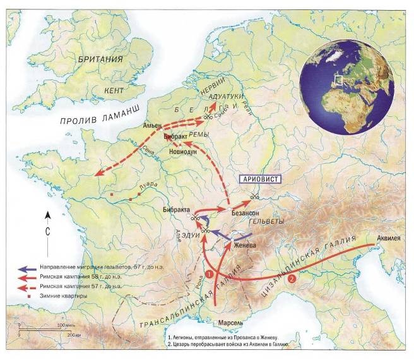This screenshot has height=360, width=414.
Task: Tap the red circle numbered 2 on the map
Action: click(292, 278)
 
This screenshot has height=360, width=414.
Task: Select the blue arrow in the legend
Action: click(27, 267)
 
